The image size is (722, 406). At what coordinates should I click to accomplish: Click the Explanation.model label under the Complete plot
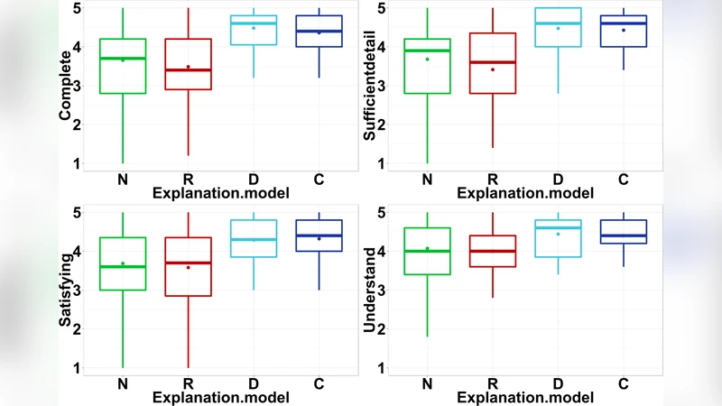tap(220, 193)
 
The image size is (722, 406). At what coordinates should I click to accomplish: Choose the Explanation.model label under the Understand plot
tap(524, 396)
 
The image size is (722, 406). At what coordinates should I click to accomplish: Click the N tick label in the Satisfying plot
tap(122, 383)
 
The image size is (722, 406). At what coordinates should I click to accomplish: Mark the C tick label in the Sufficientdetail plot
tap(624, 179)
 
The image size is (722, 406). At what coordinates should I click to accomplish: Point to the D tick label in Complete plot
tap(254, 179)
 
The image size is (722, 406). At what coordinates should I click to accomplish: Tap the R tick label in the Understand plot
tap(492, 383)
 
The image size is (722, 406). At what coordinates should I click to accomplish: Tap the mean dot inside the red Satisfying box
tap(188, 267)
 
